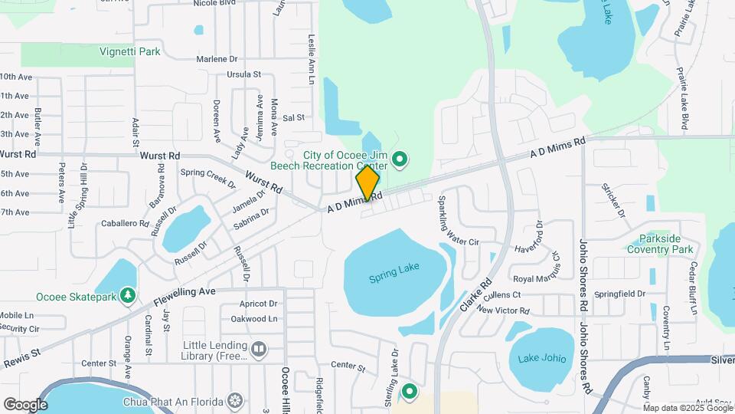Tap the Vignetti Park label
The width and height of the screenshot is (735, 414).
(x=130, y=52)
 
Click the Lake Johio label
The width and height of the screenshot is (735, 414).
(x=541, y=358)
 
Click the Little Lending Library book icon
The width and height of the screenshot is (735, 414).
(x=259, y=350)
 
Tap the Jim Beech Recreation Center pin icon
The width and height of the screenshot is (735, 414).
(x=399, y=160)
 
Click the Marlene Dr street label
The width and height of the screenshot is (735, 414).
(x=217, y=59)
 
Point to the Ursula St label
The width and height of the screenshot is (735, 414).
(x=244, y=74)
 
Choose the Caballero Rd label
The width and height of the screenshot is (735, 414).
(x=124, y=223)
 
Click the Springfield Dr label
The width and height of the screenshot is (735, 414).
(x=620, y=294)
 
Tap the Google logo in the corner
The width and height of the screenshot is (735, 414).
(x=25, y=405)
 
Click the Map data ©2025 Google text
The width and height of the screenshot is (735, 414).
(x=687, y=407)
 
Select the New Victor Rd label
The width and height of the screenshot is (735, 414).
(x=503, y=310)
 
